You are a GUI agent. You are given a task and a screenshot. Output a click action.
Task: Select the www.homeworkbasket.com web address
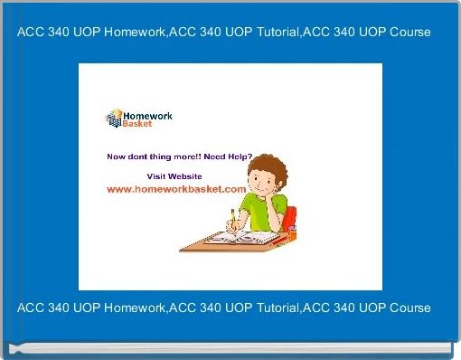176,189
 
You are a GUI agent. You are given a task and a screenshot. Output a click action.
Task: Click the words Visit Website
174,175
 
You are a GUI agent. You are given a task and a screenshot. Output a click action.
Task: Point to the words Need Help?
230,156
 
